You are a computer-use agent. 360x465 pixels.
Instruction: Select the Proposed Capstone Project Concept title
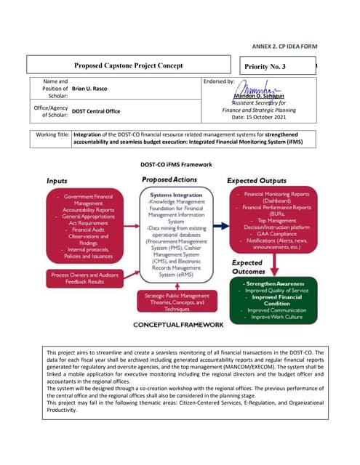[x=128, y=66]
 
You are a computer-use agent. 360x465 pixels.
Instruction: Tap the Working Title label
[x=53, y=136]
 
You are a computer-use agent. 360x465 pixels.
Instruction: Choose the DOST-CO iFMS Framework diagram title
[x=180, y=165]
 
